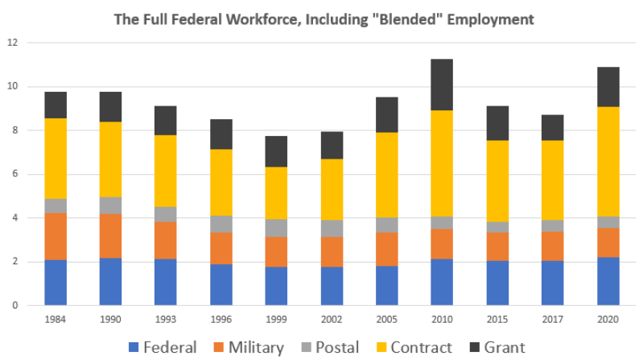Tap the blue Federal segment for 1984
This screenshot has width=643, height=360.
(56, 283)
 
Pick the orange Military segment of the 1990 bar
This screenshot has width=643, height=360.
(110, 236)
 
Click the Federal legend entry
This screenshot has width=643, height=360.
(162, 348)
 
